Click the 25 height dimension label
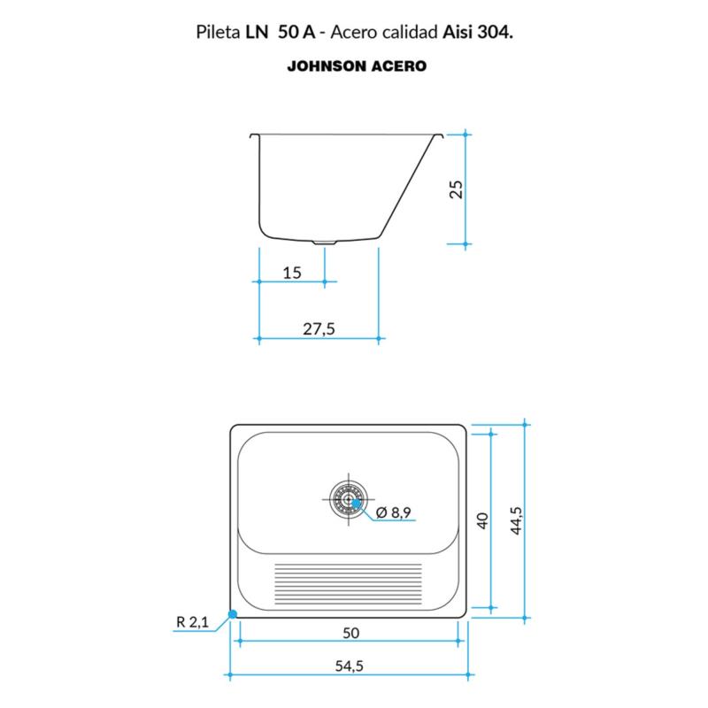coord(457,189)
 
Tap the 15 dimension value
coord(292,273)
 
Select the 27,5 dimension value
coord(319,328)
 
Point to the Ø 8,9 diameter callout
coord(393,512)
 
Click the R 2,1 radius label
coord(192,622)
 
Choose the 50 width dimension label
coord(350,633)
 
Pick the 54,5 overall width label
coord(349,666)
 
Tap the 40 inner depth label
coord(482,520)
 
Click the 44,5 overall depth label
coord(516,520)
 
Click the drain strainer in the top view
coord(349,499)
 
